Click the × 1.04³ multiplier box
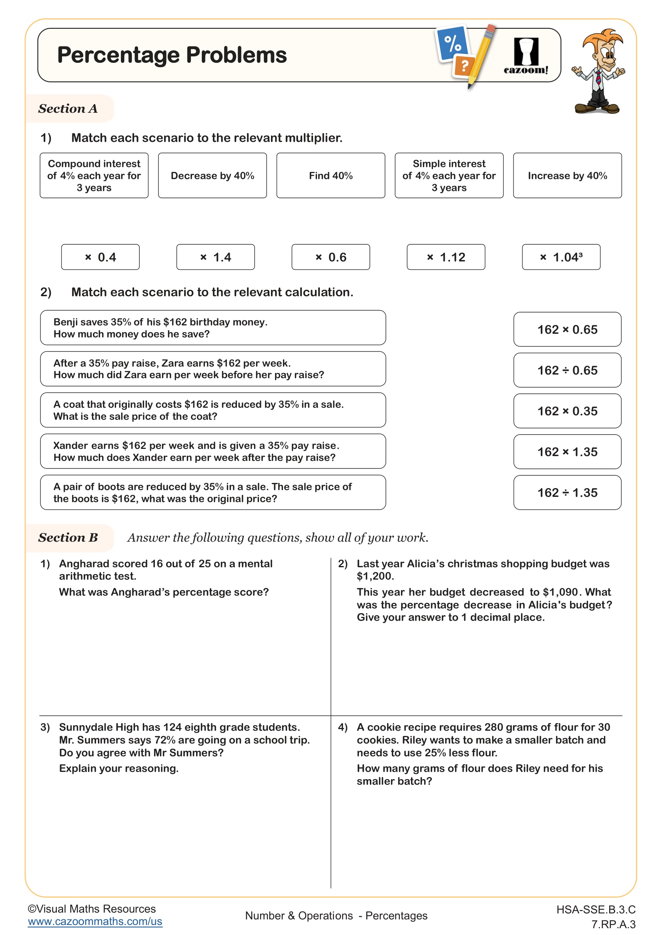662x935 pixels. tap(561, 257)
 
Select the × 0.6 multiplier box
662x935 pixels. tap(331, 257)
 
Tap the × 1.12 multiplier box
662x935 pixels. tap(445, 257)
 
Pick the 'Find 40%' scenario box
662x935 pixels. tap(331, 175)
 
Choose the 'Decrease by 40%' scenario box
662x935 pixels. tap(213, 175)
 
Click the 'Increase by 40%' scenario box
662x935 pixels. tap(567, 175)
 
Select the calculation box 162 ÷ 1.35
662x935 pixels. tap(567, 492)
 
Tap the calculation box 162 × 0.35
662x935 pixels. tap(567, 411)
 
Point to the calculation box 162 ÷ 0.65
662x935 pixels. tap(567, 370)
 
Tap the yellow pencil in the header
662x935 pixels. tap(483, 55)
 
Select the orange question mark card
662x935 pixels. tap(464, 66)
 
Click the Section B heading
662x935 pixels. tap(68, 538)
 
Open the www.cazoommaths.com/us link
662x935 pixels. tap(95, 921)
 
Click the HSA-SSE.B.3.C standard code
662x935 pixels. tap(596, 909)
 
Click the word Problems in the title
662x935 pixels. tap(237, 55)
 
